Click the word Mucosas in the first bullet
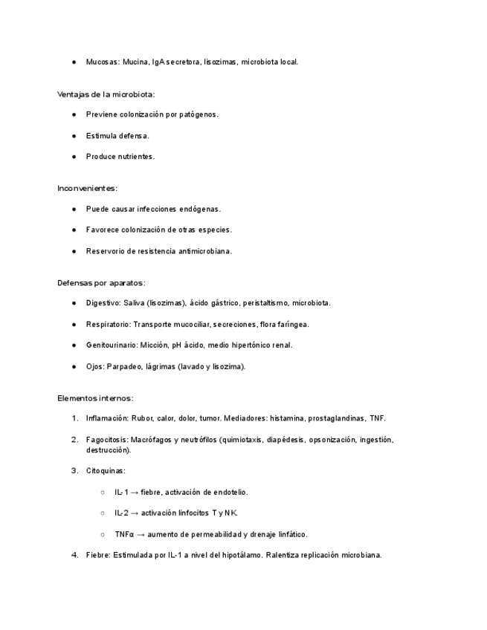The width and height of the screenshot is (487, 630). pos(102,62)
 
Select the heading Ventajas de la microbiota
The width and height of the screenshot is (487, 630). pos(106,94)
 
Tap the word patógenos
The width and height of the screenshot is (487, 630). pos(199,114)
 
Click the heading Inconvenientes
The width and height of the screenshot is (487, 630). pos(87,188)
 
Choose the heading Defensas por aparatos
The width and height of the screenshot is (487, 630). pos(101,283)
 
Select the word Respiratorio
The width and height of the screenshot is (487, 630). pos(108,324)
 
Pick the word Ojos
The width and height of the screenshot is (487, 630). pos(94,366)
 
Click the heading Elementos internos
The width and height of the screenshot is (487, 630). pos(95,398)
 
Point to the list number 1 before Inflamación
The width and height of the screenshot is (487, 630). pos(74,418)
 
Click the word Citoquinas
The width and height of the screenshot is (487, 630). pos(106,470)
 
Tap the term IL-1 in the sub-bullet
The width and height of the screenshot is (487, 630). pos(121,492)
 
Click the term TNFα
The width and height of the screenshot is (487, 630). pos(124,534)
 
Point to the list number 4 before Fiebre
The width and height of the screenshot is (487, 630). pos(74,555)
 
